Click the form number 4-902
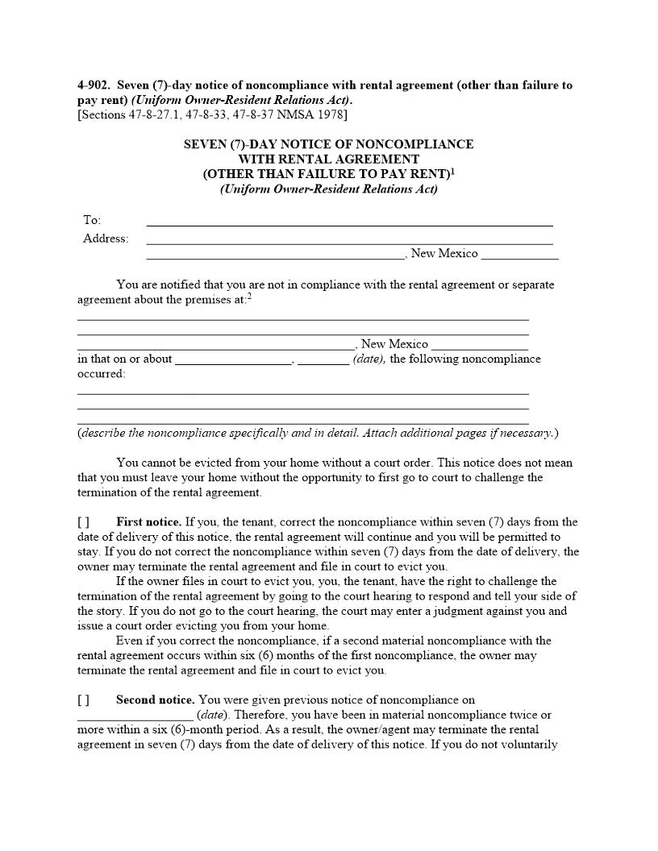(x=94, y=85)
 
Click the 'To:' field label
(x=92, y=220)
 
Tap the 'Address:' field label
(x=106, y=239)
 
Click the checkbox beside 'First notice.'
(x=83, y=522)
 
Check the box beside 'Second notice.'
(x=83, y=699)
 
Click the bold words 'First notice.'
(x=148, y=522)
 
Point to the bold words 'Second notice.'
(x=155, y=699)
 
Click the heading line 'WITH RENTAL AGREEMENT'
(x=328, y=159)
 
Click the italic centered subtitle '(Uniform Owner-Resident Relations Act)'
(x=328, y=189)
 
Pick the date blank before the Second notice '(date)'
(x=135, y=715)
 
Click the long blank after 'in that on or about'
(x=233, y=359)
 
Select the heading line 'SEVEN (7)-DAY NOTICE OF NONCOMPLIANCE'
(x=328, y=144)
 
